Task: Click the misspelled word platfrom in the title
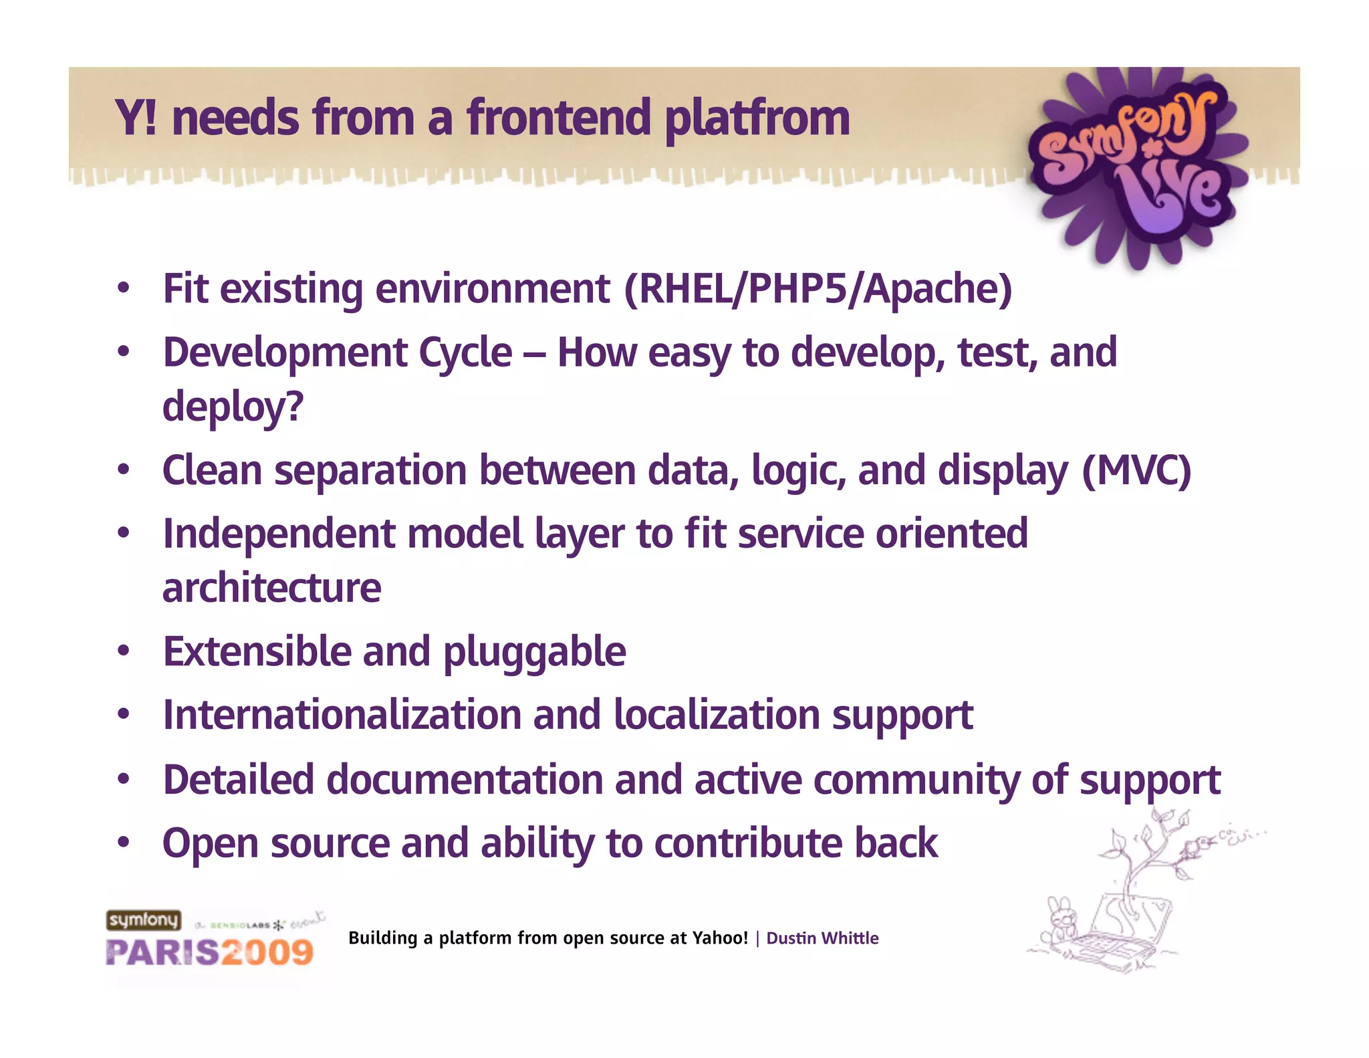757,119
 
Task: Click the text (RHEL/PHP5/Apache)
818,289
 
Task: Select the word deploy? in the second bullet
233,407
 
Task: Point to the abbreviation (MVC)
1136,470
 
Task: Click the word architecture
271,588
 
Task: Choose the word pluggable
534,652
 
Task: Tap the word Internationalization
342,715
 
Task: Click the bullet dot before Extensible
123,651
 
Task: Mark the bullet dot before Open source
123,842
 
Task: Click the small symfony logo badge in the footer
144,920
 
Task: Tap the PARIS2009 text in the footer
209,952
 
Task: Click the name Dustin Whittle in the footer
822,938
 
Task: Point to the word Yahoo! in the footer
719,938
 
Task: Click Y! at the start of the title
136,118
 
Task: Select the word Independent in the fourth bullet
279,534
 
